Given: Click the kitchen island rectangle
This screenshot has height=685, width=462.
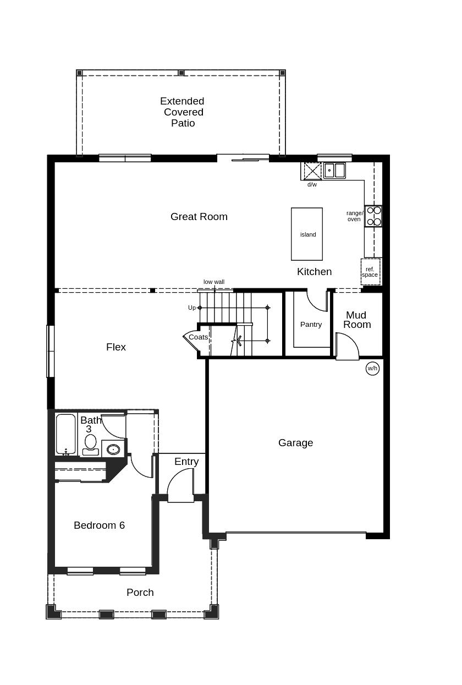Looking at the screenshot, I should (307, 234).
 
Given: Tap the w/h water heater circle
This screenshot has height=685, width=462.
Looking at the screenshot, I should (372, 368).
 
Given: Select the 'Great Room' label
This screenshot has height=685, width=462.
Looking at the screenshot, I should (199, 217).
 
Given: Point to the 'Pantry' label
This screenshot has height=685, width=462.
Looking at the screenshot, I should (311, 325).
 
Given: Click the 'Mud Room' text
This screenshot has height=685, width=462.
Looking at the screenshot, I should (356, 320).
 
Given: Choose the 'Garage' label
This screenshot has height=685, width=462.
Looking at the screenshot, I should (295, 443).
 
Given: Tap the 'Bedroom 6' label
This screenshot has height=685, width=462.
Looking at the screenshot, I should (99, 525).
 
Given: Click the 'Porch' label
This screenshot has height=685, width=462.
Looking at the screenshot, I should (140, 593).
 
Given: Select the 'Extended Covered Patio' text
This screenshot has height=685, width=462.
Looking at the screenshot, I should (182, 112).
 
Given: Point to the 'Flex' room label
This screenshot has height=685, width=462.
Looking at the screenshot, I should (116, 347).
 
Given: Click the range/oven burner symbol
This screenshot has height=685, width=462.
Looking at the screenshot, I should (373, 216).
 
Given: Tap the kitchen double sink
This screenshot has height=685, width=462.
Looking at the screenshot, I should (334, 171).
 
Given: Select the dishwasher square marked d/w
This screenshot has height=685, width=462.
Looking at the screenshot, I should (312, 171).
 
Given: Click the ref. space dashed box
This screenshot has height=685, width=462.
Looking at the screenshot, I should (370, 272).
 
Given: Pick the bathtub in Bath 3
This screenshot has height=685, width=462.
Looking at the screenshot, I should (65, 434).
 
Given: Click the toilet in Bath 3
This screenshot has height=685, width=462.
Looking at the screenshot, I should (90, 443).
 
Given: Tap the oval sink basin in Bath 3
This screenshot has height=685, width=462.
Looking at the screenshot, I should (113, 450).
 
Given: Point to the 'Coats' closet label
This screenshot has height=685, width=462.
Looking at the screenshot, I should (198, 337).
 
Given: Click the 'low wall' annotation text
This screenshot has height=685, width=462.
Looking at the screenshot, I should (214, 282).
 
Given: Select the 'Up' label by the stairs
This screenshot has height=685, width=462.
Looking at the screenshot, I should (191, 308).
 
